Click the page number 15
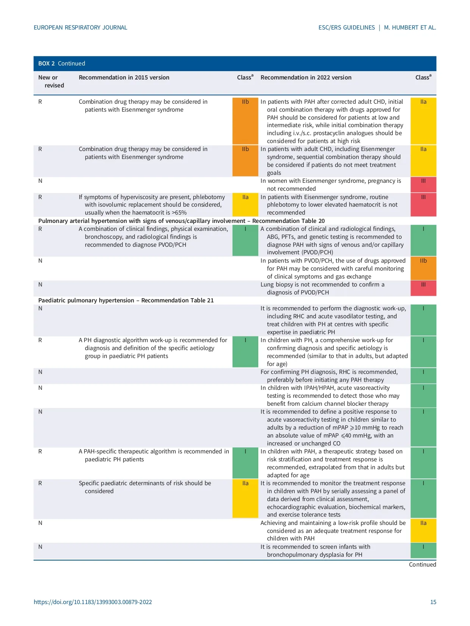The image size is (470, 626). pyautogui.click(x=433, y=602)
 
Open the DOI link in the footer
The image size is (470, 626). pyautogui.click(x=93, y=602)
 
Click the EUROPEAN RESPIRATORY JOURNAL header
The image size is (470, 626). pyautogui.click(x=80, y=28)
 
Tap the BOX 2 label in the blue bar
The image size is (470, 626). pyautogui.click(x=47, y=64)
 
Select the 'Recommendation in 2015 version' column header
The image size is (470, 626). pyautogui.click(x=124, y=78)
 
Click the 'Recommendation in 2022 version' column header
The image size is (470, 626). pyautogui.click(x=306, y=78)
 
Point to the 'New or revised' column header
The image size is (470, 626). pyautogui.click(x=51, y=81)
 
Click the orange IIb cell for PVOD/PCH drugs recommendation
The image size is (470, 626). pyautogui.click(x=423, y=268)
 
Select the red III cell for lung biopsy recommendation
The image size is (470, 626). pyautogui.click(x=423, y=288)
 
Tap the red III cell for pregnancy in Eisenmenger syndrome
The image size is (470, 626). pyautogui.click(x=423, y=185)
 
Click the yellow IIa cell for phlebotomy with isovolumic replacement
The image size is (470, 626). pyautogui.click(x=245, y=204)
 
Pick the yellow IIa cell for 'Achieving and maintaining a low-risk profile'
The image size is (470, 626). pyautogui.click(x=423, y=530)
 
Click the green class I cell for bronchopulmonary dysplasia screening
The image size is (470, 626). pyautogui.click(x=423, y=550)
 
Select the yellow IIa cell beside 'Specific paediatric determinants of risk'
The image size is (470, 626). pyautogui.click(x=245, y=498)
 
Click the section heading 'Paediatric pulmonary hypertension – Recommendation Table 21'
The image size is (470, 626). pyautogui.click(x=126, y=301)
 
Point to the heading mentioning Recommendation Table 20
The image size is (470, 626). pyautogui.click(x=181, y=221)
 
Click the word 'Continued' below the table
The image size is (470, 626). pyautogui.click(x=422, y=564)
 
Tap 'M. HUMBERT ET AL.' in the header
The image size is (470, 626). pyautogui.click(x=410, y=28)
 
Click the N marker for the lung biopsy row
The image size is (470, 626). pyautogui.click(x=40, y=285)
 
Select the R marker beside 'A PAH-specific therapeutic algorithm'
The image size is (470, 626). pyautogui.click(x=40, y=452)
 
